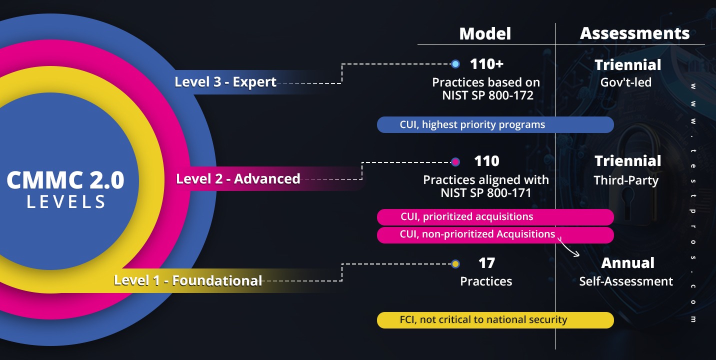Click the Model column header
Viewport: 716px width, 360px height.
click(x=485, y=33)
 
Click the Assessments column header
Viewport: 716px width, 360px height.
click(x=634, y=33)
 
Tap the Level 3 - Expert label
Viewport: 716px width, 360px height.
click(x=225, y=82)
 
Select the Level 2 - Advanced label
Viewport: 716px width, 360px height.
click(x=238, y=178)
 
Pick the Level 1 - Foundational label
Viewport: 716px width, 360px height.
click(x=188, y=280)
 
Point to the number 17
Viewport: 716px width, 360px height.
click(x=486, y=262)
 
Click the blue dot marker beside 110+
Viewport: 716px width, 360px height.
click(x=455, y=64)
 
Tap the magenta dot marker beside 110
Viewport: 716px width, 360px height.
click(x=455, y=162)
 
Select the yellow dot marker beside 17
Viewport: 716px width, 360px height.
click(x=455, y=263)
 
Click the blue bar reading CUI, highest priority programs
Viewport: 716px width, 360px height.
click(x=495, y=124)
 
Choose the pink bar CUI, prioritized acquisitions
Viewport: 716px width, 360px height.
click(x=495, y=217)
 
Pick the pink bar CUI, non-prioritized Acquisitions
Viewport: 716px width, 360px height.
click(x=495, y=234)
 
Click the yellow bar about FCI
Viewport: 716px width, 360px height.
click(x=495, y=320)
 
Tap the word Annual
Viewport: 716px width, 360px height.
click(x=627, y=263)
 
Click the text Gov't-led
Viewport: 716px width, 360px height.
click(x=627, y=82)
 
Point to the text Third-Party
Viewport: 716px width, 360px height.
click(x=626, y=180)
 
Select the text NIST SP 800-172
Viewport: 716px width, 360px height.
click(x=487, y=94)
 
